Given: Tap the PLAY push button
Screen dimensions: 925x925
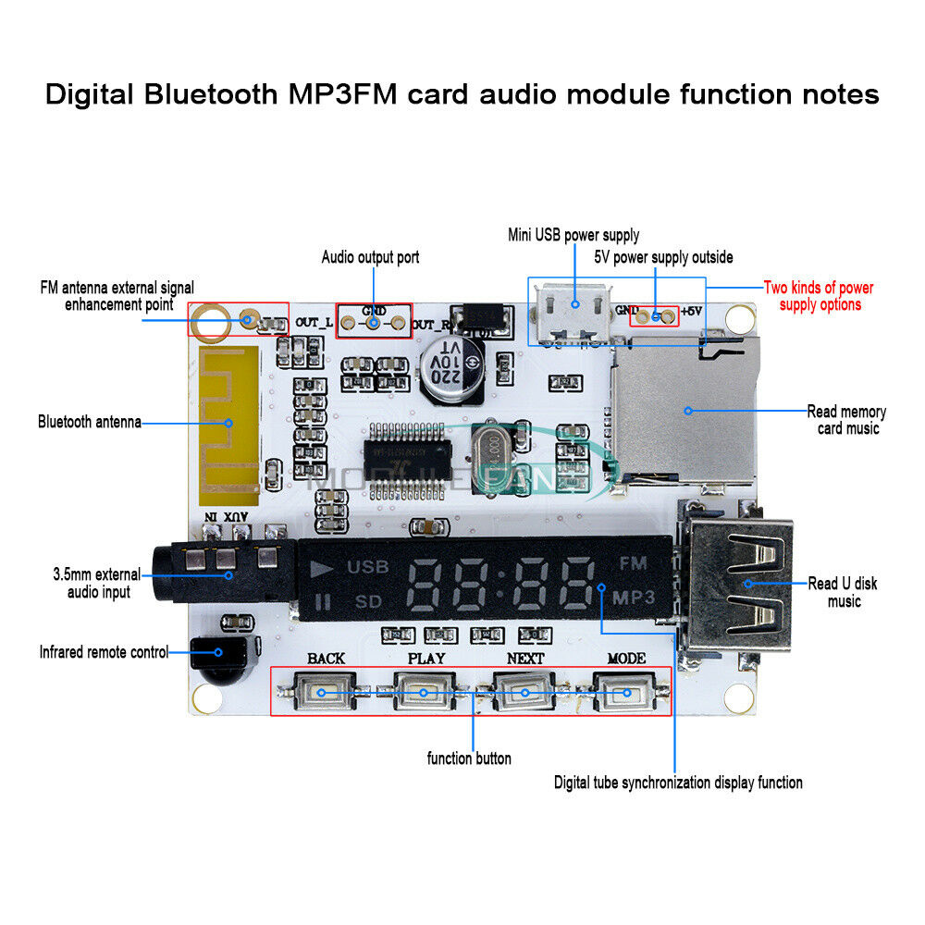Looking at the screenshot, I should (424, 692).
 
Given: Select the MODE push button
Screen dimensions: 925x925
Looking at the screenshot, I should (625, 692).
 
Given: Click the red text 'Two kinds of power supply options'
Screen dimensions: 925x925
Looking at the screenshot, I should (819, 296).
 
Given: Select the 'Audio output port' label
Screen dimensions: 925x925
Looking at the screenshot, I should (370, 257).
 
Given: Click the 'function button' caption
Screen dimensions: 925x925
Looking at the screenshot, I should (469, 758).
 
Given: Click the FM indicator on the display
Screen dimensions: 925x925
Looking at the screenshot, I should (633, 562).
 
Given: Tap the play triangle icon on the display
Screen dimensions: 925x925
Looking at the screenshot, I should (320, 568).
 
